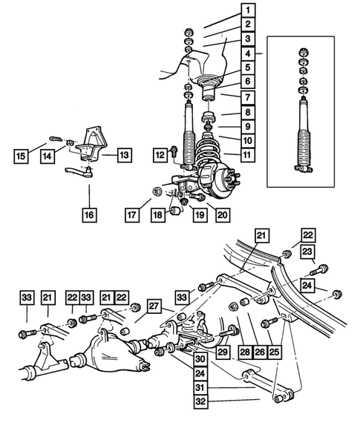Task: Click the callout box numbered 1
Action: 246,11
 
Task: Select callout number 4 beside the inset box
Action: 246,53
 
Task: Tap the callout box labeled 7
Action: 246,96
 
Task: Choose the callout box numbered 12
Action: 160,154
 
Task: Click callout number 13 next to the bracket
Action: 123,154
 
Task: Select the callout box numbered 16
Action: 88,216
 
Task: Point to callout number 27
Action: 154,306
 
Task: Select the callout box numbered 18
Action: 157,216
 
